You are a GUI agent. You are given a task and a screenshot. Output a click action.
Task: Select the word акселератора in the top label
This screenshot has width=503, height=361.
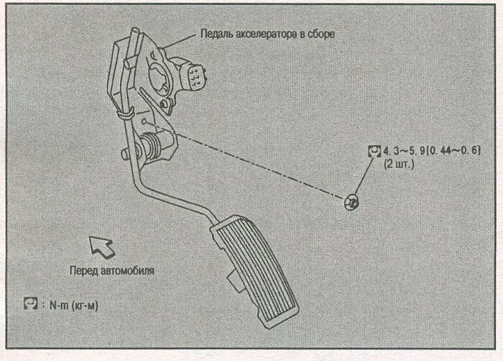pyautogui.click(x=267, y=33)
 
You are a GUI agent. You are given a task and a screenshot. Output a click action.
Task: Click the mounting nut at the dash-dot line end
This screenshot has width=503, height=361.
pyautogui.click(x=352, y=203)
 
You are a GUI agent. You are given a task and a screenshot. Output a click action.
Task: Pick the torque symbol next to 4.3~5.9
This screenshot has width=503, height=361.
pyautogui.click(x=374, y=151)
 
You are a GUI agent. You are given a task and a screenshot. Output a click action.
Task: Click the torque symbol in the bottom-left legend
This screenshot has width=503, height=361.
pyautogui.click(x=30, y=305)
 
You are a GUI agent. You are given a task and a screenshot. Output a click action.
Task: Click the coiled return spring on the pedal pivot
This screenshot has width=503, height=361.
pyautogui.click(x=150, y=147)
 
